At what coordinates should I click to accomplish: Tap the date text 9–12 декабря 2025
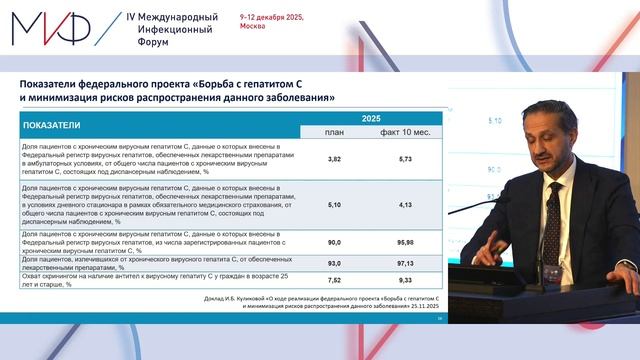pyautogui.click(x=272, y=18)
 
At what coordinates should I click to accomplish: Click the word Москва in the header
pyautogui.click(x=254, y=29)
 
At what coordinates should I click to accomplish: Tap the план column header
pyautogui.click(x=335, y=132)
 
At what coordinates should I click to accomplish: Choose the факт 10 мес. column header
pyautogui.click(x=406, y=132)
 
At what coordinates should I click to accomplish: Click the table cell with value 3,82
pyautogui.click(x=335, y=159)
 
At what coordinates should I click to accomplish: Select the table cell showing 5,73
pyautogui.click(x=405, y=159)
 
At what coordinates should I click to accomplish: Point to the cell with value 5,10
pyautogui.click(x=335, y=204)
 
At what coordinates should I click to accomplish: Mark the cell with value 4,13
pyautogui.click(x=405, y=204)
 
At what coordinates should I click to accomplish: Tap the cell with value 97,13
pyautogui.click(x=405, y=262)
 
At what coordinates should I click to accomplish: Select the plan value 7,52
pyautogui.click(x=335, y=280)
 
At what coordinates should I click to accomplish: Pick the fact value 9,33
pyautogui.click(x=405, y=280)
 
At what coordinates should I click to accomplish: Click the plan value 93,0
pyautogui.click(x=335, y=262)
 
